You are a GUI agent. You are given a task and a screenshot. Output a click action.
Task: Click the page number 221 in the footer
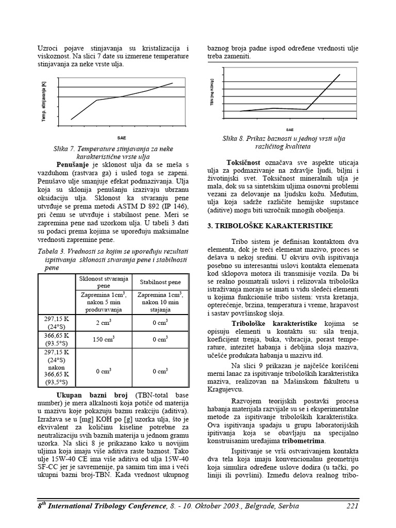(x=352, y=506)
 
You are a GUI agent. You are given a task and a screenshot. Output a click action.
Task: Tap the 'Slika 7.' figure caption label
(x=65, y=148)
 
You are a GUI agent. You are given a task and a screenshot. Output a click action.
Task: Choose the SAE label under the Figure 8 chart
(x=290, y=129)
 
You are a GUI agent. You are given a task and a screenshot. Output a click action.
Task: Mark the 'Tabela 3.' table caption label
(x=51, y=251)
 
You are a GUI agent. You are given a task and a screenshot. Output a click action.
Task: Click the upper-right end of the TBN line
(x=340, y=75)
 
